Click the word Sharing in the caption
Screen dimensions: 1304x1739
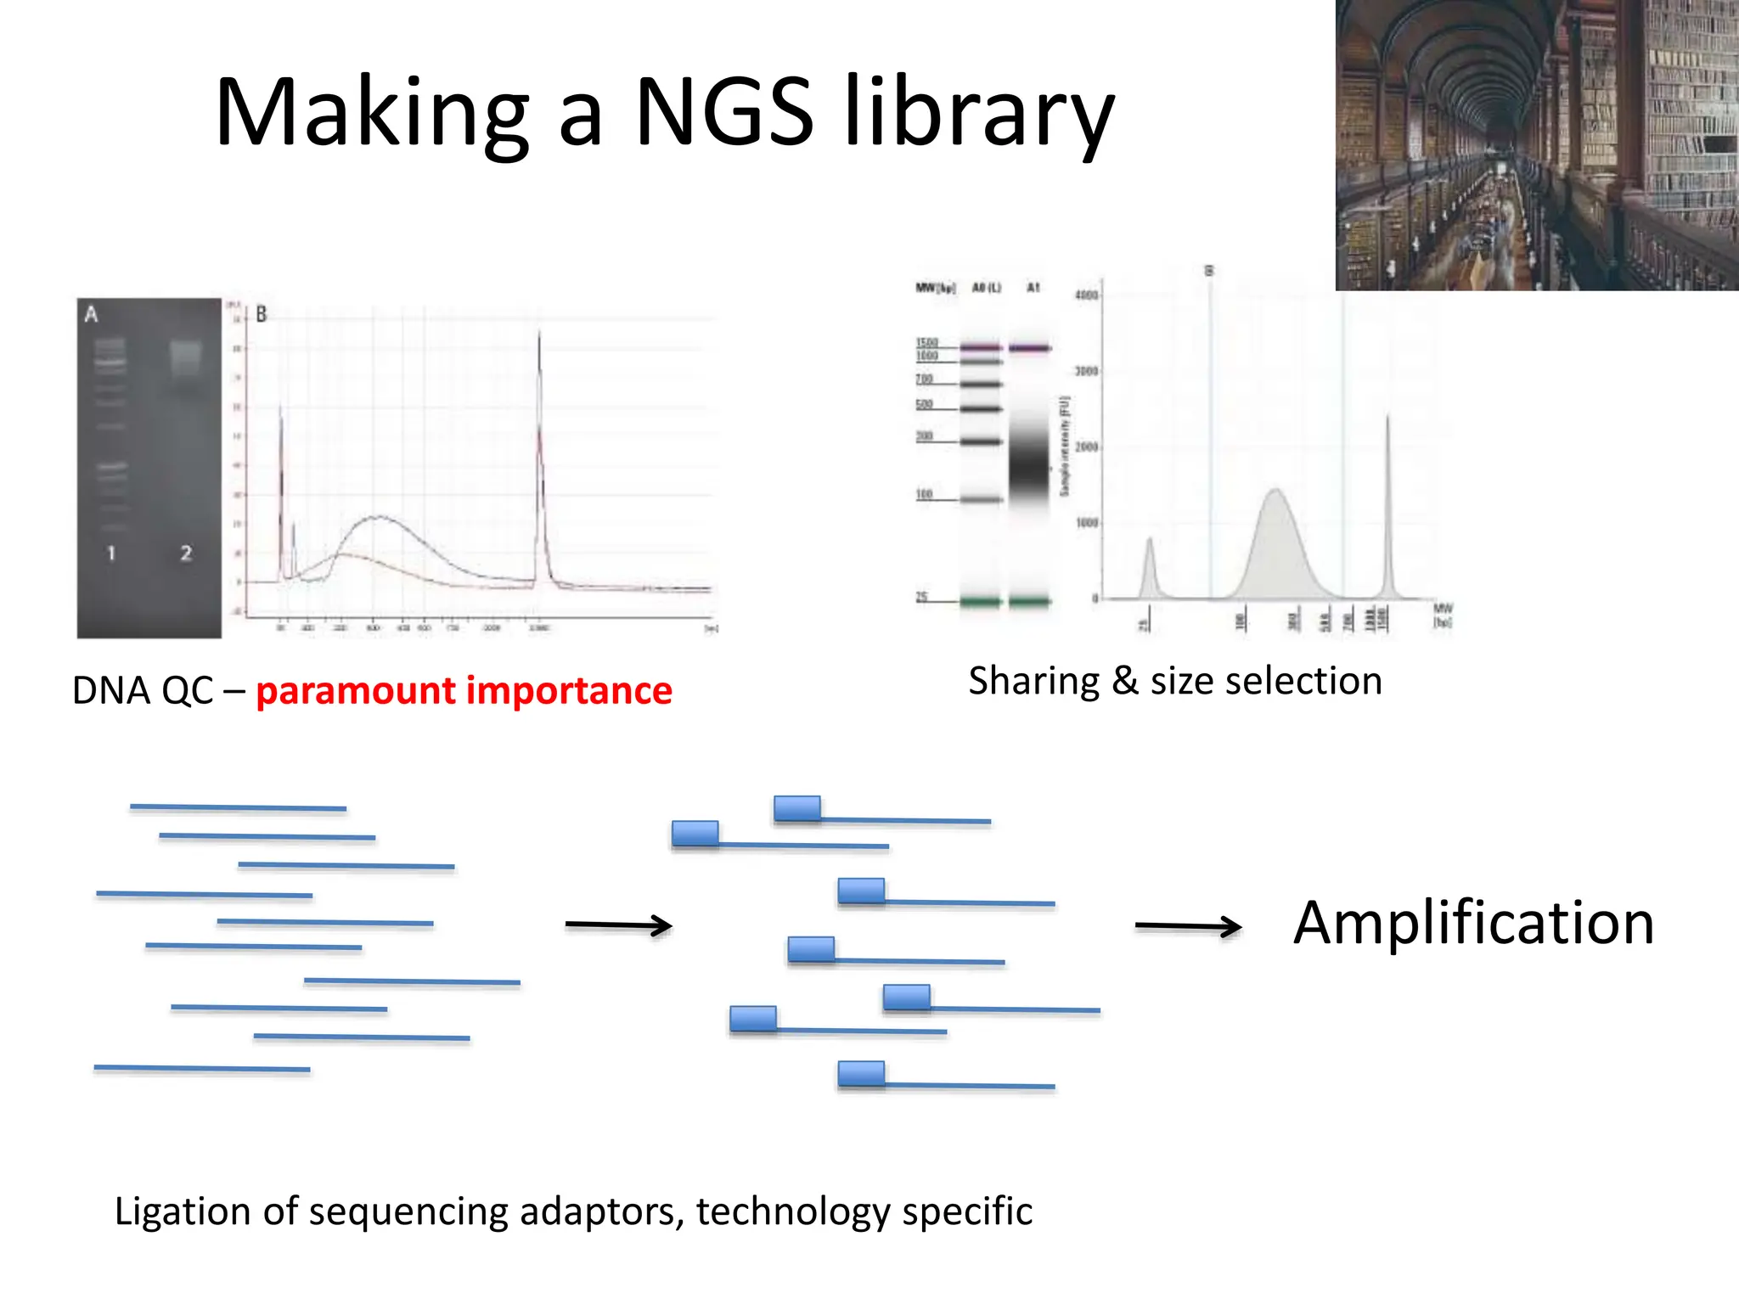(x=1033, y=682)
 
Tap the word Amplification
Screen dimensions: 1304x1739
(x=1473, y=923)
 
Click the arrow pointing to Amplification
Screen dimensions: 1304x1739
(x=1188, y=926)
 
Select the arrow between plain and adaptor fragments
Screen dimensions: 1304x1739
(x=618, y=925)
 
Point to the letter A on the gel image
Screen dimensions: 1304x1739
(x=91, y=315)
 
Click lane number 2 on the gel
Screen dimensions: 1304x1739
(x=186, y=554)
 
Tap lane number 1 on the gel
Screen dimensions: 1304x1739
(x=111, y=554)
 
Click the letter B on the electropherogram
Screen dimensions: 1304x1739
(x=262, y=314)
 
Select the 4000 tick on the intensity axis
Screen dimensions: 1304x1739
(x=1086, y=295)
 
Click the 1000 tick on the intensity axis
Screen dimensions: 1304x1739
(x=1087, y=523)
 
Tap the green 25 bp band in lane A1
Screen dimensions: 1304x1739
(x=1029, y=602)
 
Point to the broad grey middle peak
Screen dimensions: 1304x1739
(x=1275, y=543)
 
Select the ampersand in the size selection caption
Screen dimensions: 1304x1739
(x=1124, y=682)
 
